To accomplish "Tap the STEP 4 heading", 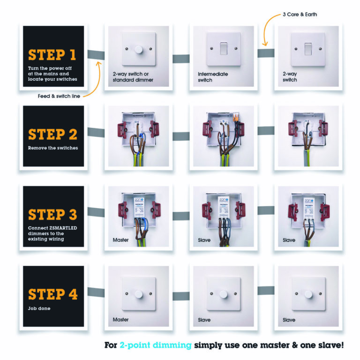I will (52, 294).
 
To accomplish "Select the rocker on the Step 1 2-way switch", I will (308, 48).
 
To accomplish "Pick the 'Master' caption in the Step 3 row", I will (120, 240).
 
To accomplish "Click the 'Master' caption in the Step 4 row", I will (120, 320).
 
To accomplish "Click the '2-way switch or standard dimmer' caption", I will (133, 77).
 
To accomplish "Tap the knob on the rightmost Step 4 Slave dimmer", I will (308, 294).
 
